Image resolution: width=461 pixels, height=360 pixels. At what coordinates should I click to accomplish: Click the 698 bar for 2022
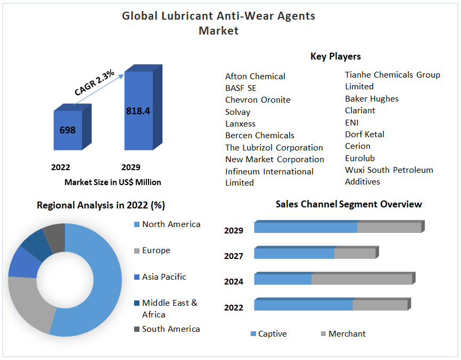[68, 130]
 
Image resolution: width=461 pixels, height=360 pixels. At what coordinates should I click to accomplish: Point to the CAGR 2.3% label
[94, 83]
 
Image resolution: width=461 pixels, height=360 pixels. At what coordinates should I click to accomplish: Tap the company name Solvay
[237, 112]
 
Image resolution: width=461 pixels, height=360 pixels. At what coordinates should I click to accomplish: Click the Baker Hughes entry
[372, 98]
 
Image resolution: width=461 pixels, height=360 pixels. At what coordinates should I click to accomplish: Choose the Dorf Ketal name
[364, 134]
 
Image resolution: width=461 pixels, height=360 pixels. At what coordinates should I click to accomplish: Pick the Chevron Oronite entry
[258, 100]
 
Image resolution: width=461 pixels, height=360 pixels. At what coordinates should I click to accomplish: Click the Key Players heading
[335, 56]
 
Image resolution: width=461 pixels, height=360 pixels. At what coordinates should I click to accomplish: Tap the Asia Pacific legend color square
[136, 277]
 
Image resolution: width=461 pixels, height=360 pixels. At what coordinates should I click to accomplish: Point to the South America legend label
[171, 329]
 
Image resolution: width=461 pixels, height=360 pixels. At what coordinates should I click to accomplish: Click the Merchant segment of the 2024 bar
[361, 279]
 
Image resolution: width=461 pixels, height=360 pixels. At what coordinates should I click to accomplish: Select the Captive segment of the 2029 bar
[306, 228]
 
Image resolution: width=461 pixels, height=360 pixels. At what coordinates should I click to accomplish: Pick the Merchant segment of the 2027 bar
[355, 254]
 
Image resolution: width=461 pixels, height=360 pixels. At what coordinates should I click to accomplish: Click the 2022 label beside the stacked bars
[234, 307]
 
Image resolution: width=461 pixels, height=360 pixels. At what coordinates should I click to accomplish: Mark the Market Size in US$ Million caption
[113, 182]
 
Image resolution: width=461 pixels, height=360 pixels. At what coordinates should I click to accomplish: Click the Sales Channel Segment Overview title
[349, 204]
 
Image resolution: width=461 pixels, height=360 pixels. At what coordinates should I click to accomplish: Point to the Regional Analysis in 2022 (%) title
[101, 205]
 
